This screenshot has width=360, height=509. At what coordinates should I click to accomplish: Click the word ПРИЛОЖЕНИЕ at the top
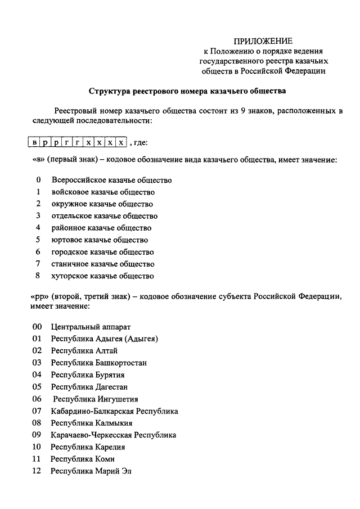click(x=263, y=41)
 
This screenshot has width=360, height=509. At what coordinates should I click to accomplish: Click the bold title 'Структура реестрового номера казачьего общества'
click(x=187, y=90)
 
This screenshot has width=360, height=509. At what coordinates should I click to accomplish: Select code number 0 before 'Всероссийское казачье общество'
click(x=38, y=181)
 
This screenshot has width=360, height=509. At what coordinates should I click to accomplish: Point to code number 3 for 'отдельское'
click(x=38, y=216)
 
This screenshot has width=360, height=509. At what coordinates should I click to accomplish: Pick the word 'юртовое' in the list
click(x=65, y=240)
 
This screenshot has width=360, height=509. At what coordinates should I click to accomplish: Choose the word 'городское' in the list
click(x=68, y=252)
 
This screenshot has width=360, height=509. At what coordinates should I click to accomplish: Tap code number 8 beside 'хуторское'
click(x=38, y=276)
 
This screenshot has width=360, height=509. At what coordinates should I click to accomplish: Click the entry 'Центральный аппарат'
click(x=91, y=327)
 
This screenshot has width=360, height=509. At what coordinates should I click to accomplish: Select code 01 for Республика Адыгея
click(x=37, y=339)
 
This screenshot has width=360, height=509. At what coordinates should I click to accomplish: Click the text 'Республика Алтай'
click(x=84, y=351)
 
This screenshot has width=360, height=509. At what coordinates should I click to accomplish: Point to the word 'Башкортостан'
click(x=122, y=363)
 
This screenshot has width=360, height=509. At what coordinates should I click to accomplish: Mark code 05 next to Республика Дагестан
click(x=37, y=387)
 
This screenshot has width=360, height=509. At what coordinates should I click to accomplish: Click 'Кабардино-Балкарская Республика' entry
click(x=114, y=411)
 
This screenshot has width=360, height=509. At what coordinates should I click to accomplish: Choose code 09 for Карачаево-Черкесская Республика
click(x=37, y=435)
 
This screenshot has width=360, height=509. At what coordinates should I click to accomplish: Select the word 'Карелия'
click(x=110, y=447)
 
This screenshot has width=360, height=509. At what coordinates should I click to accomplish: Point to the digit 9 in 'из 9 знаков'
click(x=242, y=111)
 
